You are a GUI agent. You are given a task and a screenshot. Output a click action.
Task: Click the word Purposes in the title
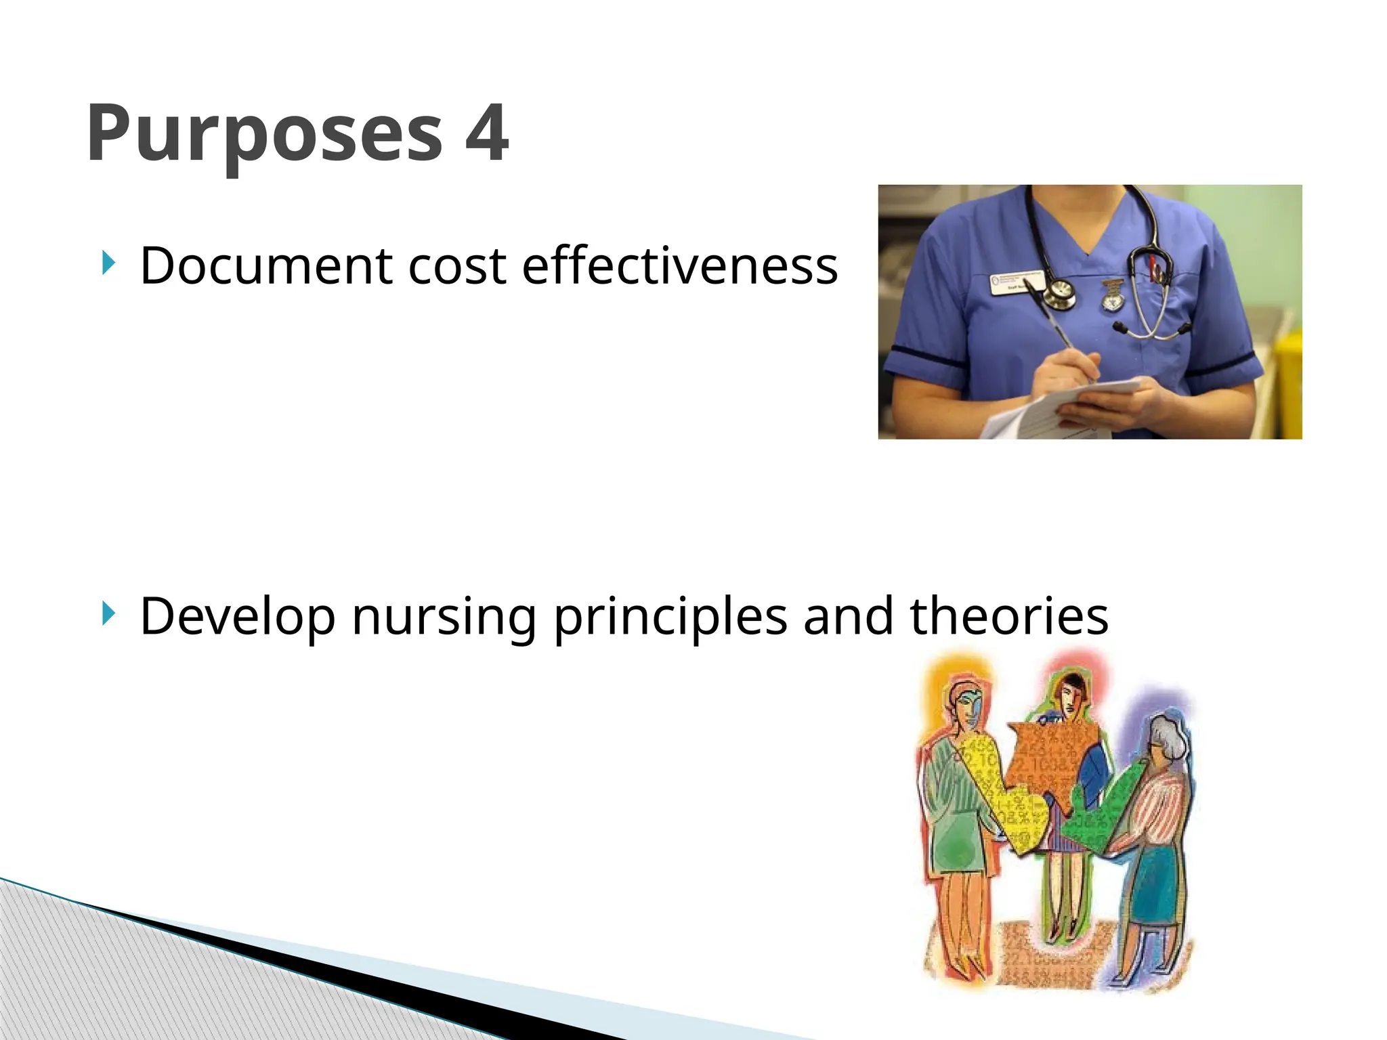pyautogui.click(x=264, y=135)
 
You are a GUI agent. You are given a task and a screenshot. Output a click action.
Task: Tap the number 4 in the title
pyautogui.click(x=486, y=133)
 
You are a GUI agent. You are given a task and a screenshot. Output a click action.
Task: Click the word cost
pyautogui.click(x=456, y=265)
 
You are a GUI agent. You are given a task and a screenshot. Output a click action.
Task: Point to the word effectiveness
pyautogui.click(x=680, y=265)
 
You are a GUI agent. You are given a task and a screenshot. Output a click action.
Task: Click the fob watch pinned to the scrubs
pyautogui.click(x=1111, y=298)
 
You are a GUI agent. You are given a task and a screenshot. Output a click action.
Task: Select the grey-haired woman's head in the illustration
pyautogui.click(x=1166, y=738)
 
